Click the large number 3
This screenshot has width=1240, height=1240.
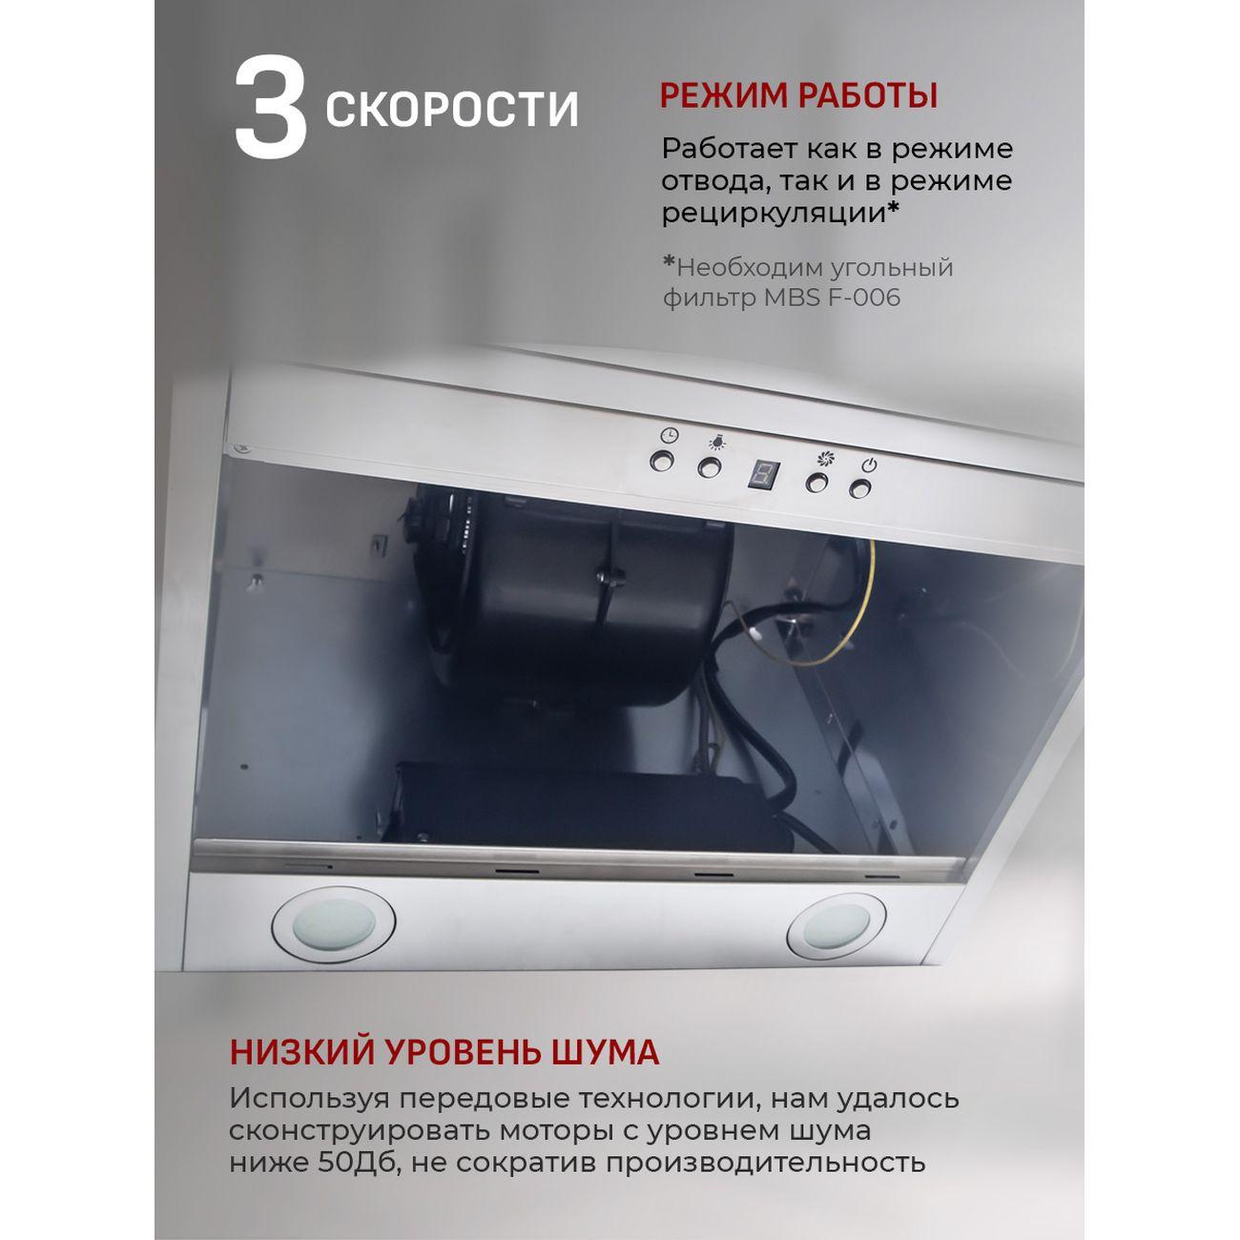click(270, 108)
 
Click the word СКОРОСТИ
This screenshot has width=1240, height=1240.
click(452, 109)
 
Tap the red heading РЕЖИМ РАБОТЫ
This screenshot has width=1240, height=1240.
click(798, 96)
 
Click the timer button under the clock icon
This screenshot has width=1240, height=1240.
click(662, 463)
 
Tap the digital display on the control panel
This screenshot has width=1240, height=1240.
click(762, 474)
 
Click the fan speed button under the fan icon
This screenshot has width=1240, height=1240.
click(816, 483)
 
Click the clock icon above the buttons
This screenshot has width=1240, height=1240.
click(670, 436)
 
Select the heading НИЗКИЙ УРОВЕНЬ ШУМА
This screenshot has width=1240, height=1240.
click(444, 1052)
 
